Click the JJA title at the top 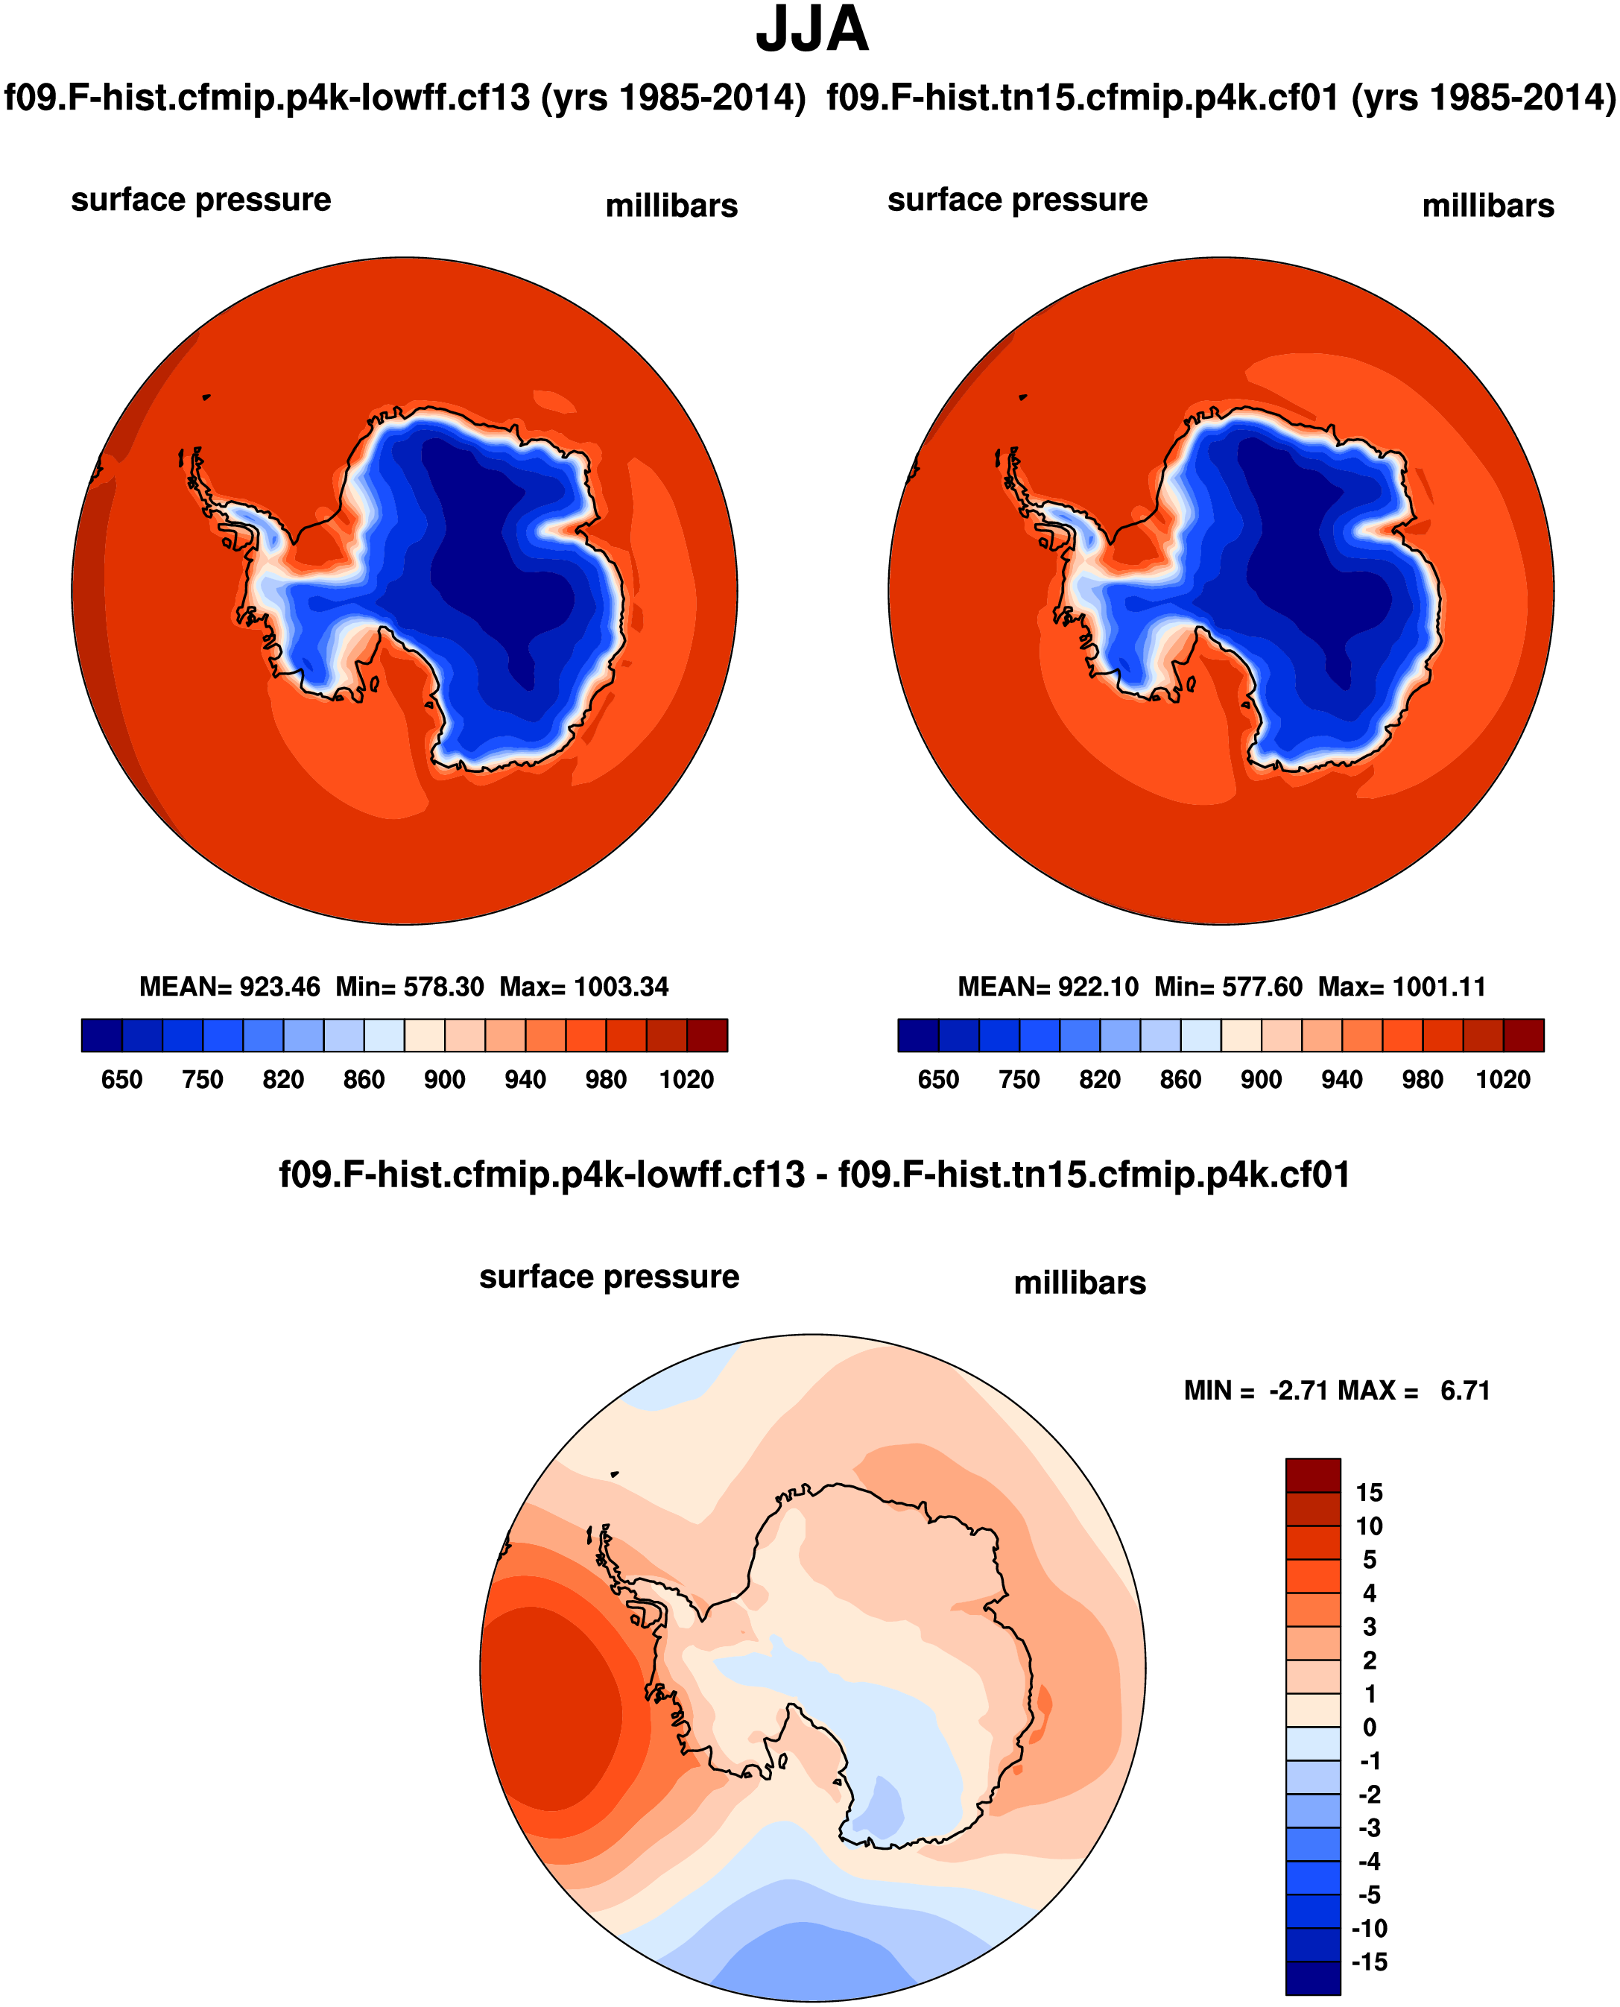coord(812,31)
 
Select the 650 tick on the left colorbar coord(121,1080)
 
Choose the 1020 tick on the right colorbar coord(1502,1080)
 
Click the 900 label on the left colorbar coord(444,1080)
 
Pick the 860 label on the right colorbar coord(1180,1080)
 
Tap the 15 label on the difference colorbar coord(1369,1493)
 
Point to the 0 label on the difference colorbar coord(1369,1727)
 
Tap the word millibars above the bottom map coord(1080,1283)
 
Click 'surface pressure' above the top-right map coord(1017,200)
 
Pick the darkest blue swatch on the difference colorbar coord(1312,1979)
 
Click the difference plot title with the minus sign coord(814,1174)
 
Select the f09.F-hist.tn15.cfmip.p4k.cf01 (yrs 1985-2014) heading coord(1221,97)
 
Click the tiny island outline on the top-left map coord(206,397)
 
